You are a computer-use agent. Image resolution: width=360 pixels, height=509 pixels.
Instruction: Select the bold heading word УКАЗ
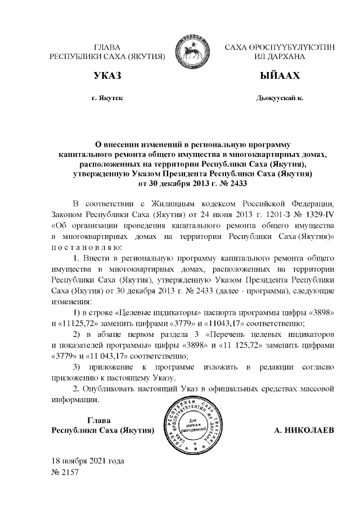[107, 76]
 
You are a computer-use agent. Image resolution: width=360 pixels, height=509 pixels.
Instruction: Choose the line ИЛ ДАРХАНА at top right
[280, 57]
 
